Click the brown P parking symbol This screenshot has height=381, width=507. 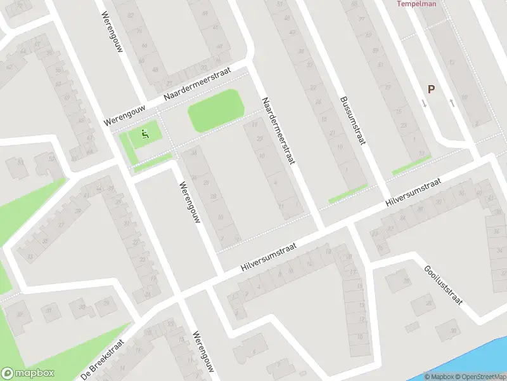tap(431, 90)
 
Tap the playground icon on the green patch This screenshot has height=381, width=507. tap(145, 133)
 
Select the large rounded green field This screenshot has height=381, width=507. tap(215, 110)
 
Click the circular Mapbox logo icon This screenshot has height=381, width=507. tap(8, 373)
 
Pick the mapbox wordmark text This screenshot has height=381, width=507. tap(35, 373)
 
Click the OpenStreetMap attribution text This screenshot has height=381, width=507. tap(481, 377)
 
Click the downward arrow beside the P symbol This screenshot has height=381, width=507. tap(424, 102)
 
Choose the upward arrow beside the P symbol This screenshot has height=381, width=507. tap(451, 102)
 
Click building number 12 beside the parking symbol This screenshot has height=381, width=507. tap(451, 62)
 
